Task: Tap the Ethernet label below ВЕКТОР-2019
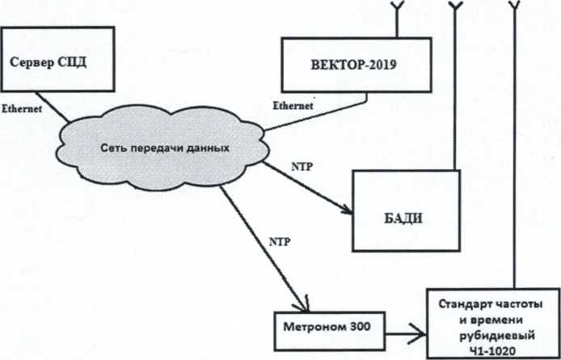[293, 104]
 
